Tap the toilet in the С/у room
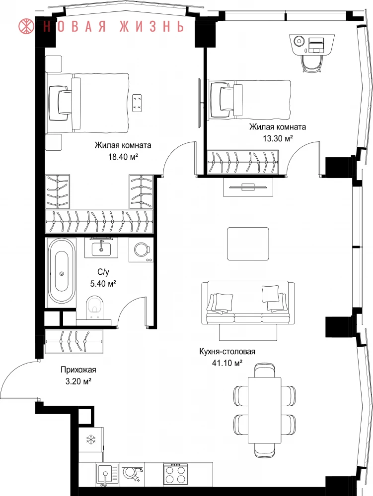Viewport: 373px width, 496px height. [95, 308]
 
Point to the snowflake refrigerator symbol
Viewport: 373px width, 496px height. [91, 439]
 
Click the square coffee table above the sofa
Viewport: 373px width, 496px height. [248, 244]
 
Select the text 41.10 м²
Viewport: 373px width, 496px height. [227, 363]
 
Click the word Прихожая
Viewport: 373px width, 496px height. [78, 370]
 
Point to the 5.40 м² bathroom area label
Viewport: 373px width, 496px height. [103, 283]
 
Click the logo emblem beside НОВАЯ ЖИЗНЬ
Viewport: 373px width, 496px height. [27, 26]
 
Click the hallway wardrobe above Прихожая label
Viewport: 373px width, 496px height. [74, 342]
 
